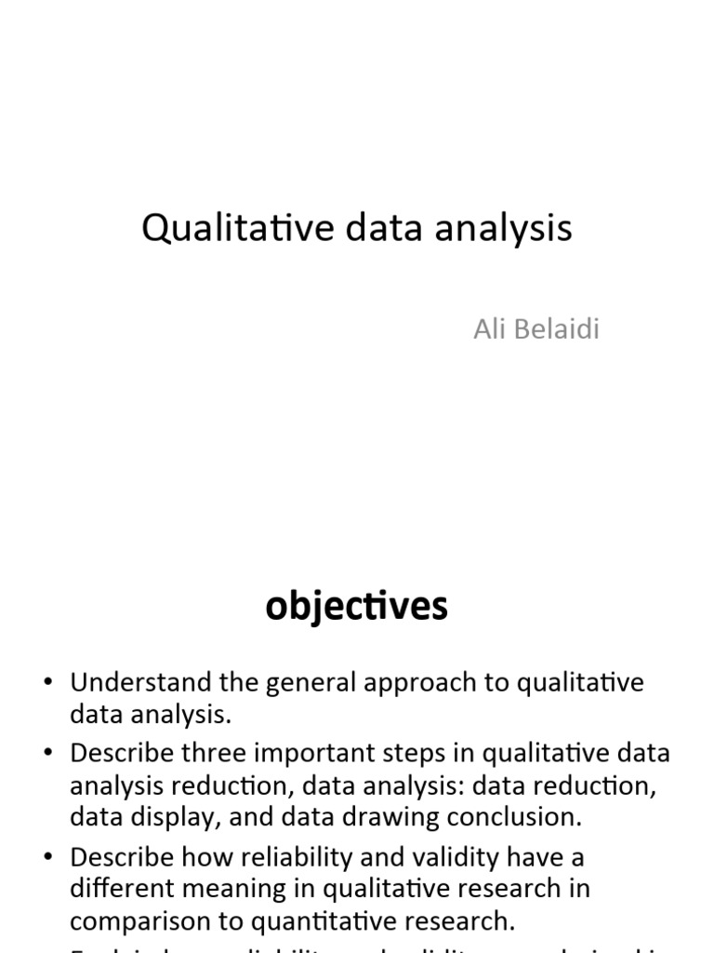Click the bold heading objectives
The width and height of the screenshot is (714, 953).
point(356,607)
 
